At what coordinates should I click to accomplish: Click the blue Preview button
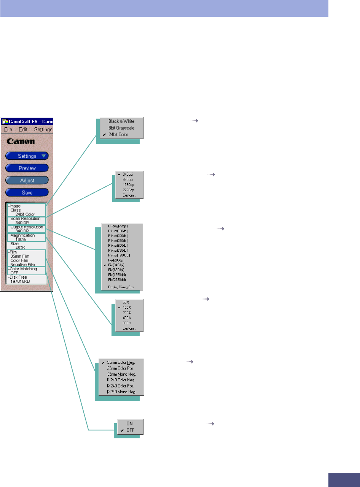pos(27,168)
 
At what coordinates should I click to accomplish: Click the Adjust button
pos(27,180)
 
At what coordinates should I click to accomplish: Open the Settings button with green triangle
pos(27,156)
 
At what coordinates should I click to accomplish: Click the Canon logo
pos(21,141)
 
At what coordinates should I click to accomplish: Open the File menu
pos(8,129)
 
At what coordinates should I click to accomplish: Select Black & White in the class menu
pos(121,121)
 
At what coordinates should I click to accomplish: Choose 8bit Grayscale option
pos(121,128)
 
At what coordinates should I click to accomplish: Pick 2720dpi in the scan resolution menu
pos(129,190)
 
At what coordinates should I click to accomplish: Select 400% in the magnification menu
pos(127,317)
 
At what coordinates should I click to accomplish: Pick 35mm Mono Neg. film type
pos(121,374)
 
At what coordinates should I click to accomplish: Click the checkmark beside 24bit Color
pos(103,135)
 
